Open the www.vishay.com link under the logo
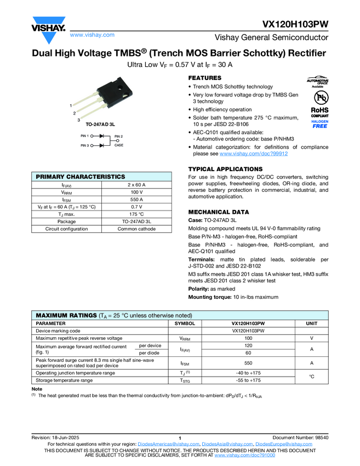pos(92,35)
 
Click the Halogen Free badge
pos(319,123)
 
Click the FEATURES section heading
pos(204,78)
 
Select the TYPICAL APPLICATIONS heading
pos(225,169)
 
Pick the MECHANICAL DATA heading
pos(218,212)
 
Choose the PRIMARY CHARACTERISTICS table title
pos(80,177)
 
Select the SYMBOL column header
pos(185,324)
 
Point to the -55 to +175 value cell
pos(248,380)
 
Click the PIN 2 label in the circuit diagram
pos(118,135)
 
